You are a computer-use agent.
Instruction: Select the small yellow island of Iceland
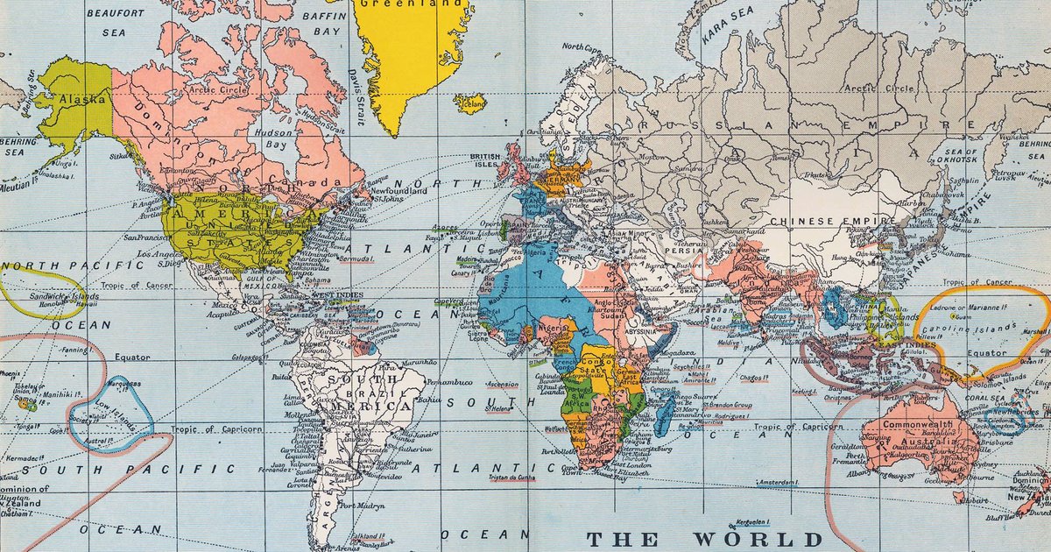470,103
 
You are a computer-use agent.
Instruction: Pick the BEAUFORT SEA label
114,22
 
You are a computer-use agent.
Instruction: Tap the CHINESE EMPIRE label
814,222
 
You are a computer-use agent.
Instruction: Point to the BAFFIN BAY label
321,22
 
